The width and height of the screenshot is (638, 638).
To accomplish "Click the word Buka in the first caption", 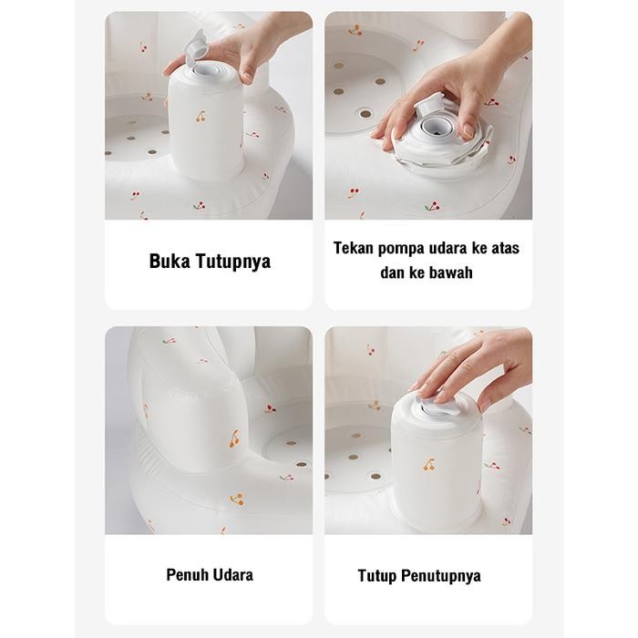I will pos(170,262).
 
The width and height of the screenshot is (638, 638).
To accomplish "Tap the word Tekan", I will pos(355,248).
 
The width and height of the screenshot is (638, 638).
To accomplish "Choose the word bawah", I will pos(450,273).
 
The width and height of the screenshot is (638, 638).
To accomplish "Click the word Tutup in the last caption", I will pos(379,575).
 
